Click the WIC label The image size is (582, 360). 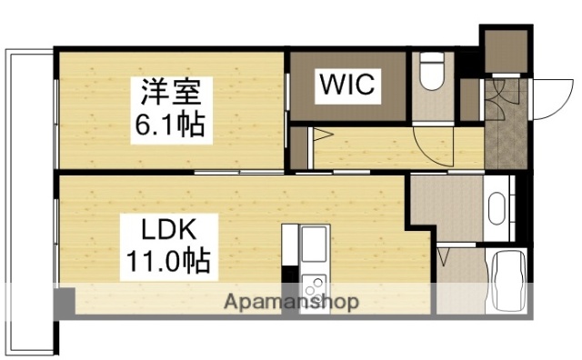pos(346,85)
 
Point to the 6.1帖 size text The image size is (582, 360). pos(172,124)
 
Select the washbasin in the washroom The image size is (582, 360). pos(497,208)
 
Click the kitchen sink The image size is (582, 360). pos(312,243)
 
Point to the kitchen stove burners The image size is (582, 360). pos(312,281)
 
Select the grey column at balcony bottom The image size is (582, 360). pos(63,303)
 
